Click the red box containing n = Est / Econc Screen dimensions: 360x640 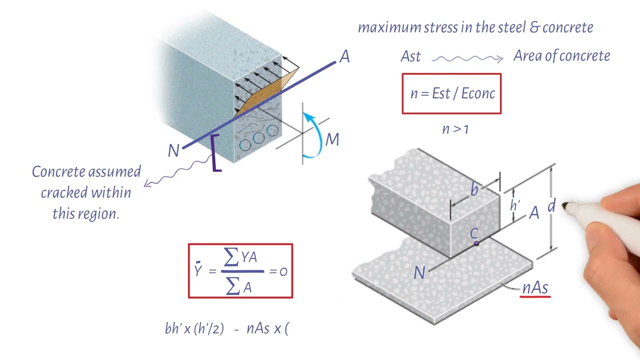click(451, 93)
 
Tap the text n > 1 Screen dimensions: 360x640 click(455, 129)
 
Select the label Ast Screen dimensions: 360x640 click(410, 57)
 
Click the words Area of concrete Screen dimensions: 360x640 click(561, 56)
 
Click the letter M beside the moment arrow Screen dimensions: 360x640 click(332, 140)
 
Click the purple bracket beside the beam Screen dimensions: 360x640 click(215, 153)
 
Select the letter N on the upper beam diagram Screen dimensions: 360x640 click(173, 150)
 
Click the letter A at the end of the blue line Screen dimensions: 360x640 click(344, 57)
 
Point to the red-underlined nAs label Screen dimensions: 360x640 click(535, 288)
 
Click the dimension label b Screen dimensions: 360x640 click(474, 190)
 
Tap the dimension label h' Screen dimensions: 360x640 click(515, 205)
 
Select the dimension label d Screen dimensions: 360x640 click(551, 206)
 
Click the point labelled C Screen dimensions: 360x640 click(476, 243)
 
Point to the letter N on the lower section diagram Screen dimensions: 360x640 click(419, 272)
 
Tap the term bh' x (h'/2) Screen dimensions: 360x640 click(194, 328)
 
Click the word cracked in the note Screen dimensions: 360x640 click(61, 193)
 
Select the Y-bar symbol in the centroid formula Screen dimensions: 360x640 click(198, 270)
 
